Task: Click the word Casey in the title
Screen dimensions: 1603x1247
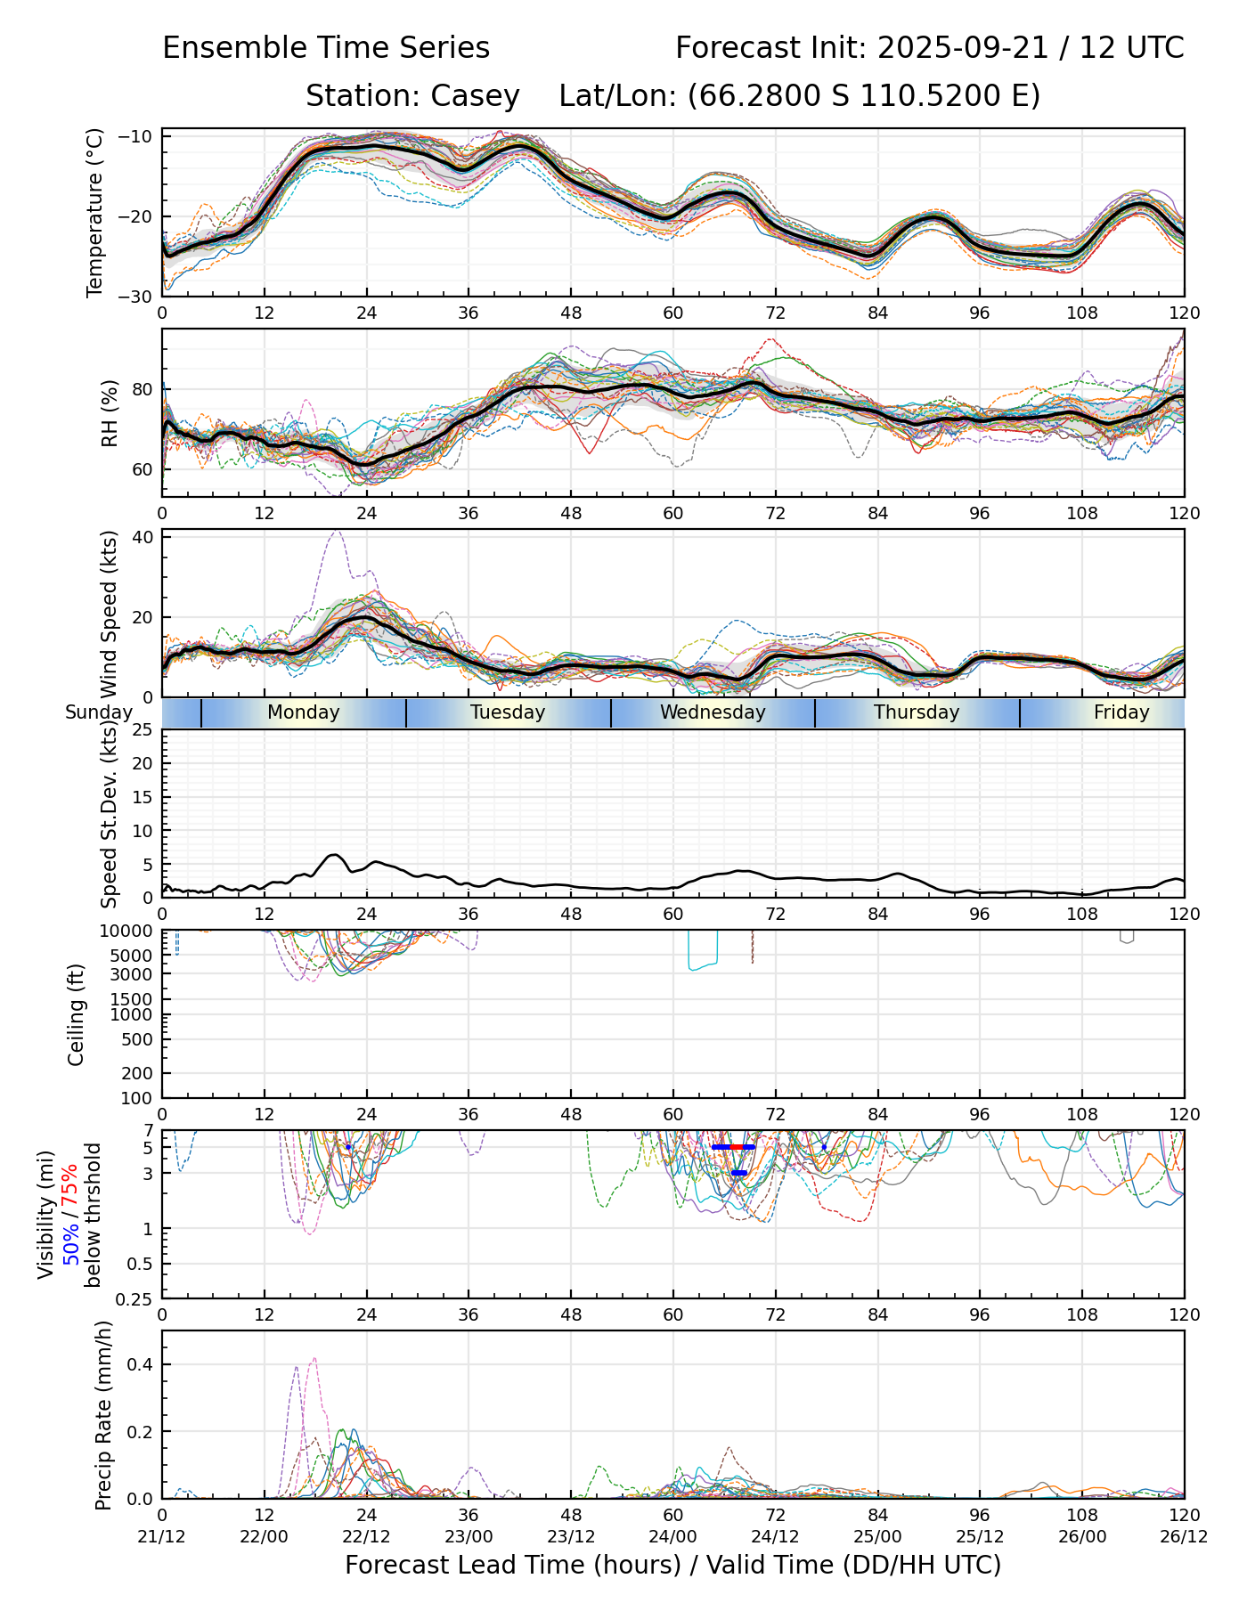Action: tap(475, 96)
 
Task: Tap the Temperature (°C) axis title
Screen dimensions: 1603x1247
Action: tap(95, 212)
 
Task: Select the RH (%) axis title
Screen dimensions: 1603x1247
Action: tap(110, 412)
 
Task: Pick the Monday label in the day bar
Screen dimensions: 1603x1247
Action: tap(304, 712)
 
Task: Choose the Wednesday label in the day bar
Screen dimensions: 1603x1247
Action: tap(713, 712)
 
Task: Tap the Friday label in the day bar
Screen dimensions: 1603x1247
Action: tap(1121, 712)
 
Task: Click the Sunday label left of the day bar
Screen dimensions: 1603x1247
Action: tap(98, 712)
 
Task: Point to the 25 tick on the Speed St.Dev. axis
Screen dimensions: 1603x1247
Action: tap(143, 730)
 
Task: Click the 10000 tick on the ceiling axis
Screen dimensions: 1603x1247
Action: tap(129, 932)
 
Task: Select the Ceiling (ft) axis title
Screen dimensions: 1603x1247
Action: tap(77, 1014)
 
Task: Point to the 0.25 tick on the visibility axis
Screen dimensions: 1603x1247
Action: tap(135, 1298)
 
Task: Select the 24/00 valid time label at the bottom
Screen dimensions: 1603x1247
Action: tap(673, 1537)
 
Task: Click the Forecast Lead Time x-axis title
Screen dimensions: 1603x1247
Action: tap(672, 1566)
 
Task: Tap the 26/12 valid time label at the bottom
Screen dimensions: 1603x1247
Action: tap(1184, 1537)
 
